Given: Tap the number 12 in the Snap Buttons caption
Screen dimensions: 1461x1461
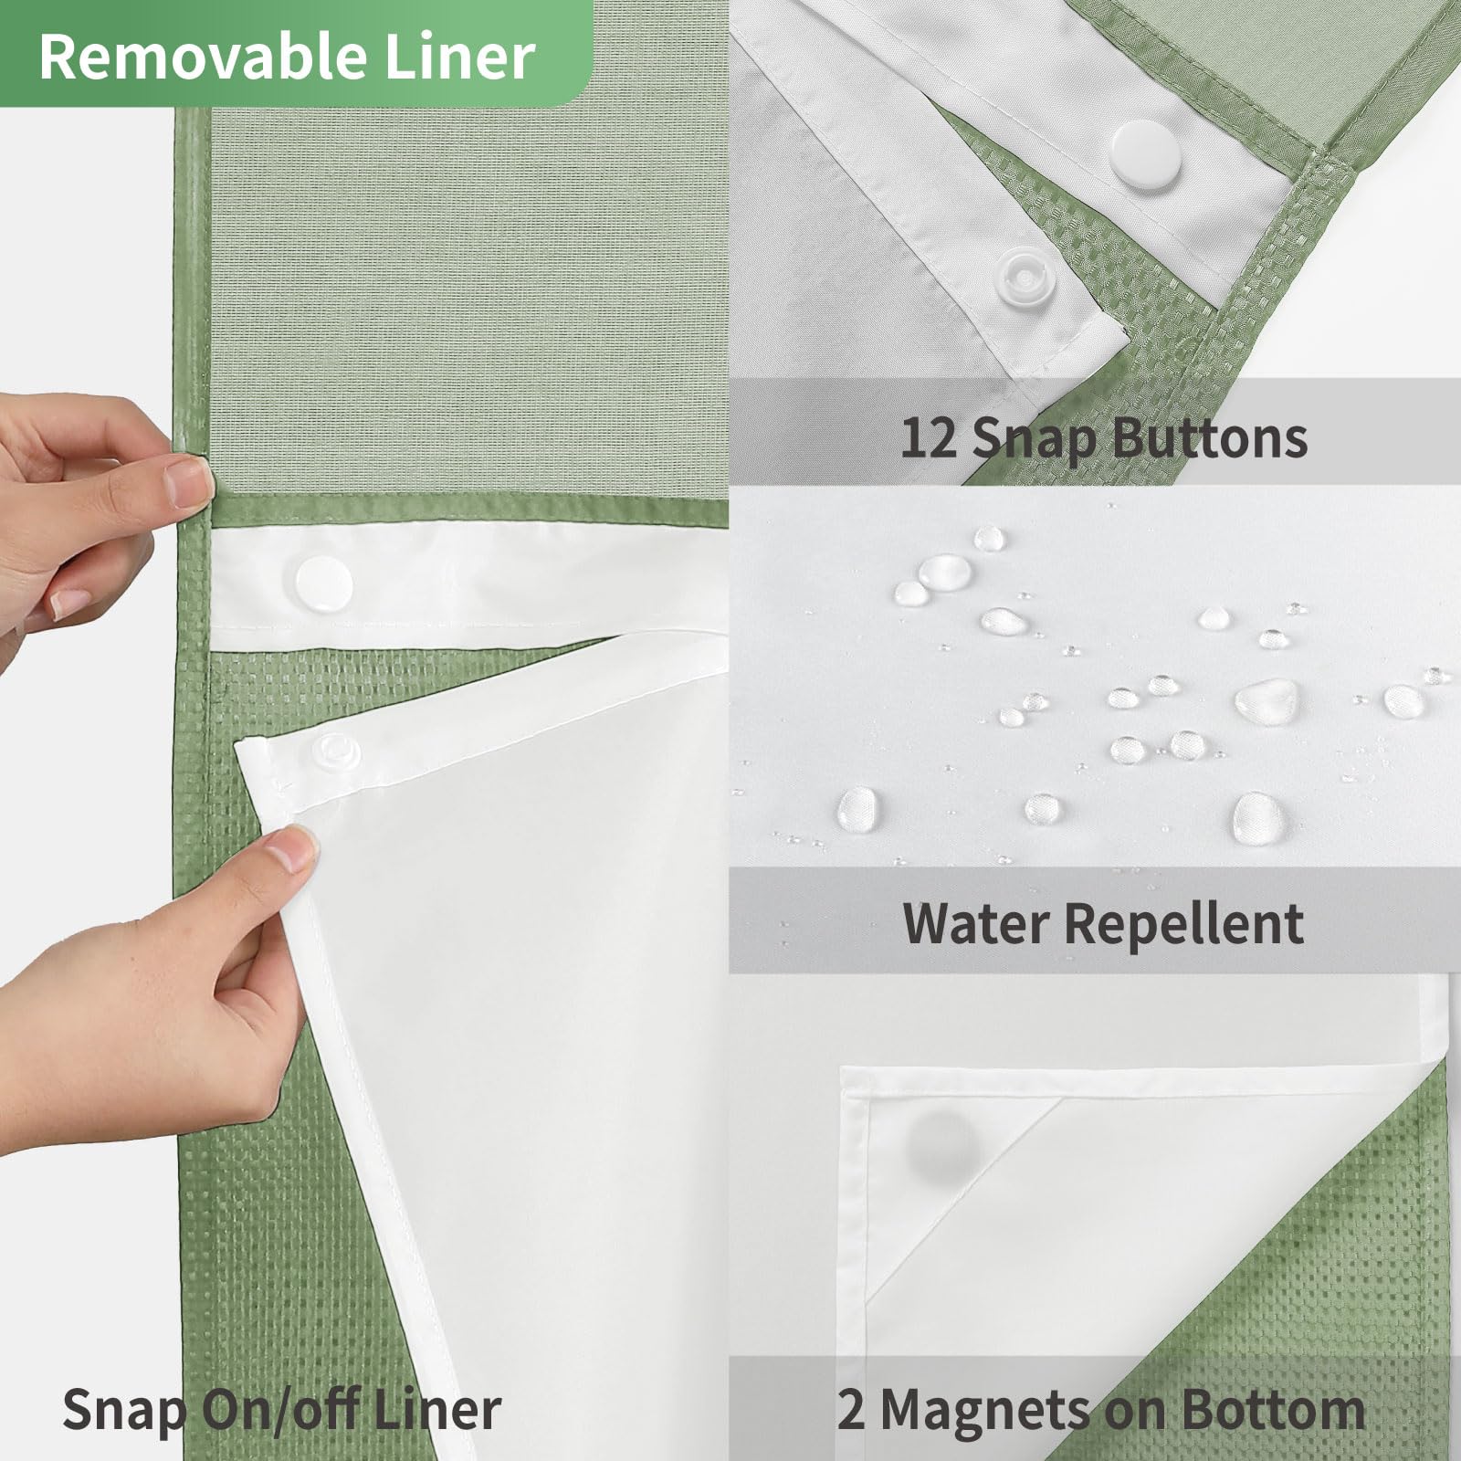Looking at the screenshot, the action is click(x=929, y=437).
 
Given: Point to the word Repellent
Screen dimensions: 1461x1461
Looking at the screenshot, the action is click(x=1185, y=925).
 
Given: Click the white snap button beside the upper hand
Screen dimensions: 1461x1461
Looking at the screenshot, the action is click(x=323, y=582).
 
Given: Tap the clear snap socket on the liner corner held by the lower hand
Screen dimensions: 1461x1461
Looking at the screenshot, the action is click(x=335, y=752).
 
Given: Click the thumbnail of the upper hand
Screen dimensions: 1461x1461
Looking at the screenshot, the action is click(x=70, y=604).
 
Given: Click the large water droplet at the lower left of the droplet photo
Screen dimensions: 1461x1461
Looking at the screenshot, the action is click(x=858, y=809).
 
